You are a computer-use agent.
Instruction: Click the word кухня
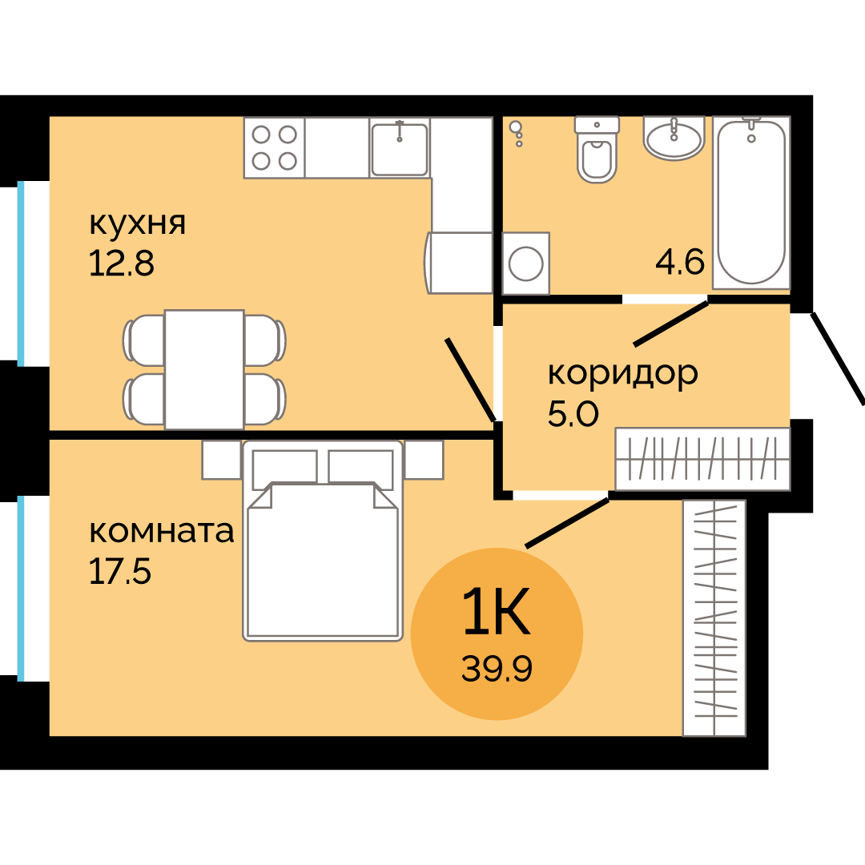click(137, 223)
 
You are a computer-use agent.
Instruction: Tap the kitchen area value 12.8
click(121, 263)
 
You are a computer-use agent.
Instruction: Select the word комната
click(161, 531)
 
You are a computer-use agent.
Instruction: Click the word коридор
click(622, 373)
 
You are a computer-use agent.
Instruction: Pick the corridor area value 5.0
click(573, 414)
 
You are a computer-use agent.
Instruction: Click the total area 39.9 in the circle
click(497, 666)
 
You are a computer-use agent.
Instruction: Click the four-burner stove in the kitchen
click(274, 147)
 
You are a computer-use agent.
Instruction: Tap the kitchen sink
click(400, 147)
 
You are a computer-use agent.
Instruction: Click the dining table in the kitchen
click(204, 369)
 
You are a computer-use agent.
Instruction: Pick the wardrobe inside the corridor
click(702, 459)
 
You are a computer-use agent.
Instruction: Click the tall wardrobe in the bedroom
click(714, 618)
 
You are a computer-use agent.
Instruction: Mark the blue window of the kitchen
click(21, 272)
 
